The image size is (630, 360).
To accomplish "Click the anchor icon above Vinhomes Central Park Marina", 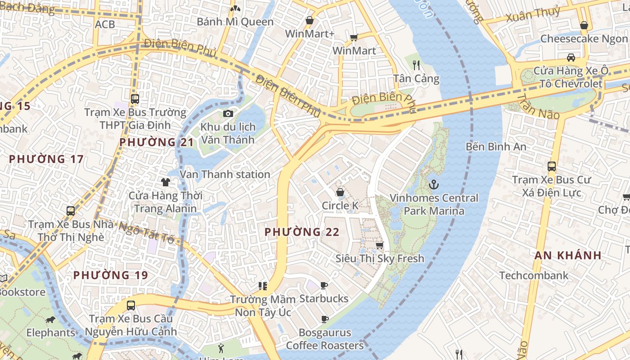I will pyautogui.click(x=434, y=184).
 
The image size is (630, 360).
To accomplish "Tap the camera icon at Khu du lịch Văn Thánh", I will pyautogui.click(x=228, y=113).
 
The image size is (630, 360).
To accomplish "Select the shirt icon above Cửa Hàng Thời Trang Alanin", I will pyautogui.click(x=166, y=182).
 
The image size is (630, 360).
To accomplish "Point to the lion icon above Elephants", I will pyautogui.click(x=50, y=320).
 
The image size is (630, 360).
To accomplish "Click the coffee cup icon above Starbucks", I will pyautogui.click(x=324, y=285).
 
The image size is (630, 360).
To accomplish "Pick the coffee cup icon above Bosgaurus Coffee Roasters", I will pyautogui.click(x=324, y=319).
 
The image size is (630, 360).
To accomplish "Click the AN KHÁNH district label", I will pyautogui.click(x=568, y=256).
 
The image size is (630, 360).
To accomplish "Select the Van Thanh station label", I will pyautogui.click(x=225, y=174).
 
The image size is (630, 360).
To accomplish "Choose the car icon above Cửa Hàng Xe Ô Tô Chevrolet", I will pyautogui.click(x=571, y=58).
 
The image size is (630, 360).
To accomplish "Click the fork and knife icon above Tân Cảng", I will pyautogui.click(x=416, y=65).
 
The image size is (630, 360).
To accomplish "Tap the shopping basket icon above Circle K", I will pyautogui.click(x=340, y=192).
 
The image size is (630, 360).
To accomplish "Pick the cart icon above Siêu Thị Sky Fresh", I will pyautogui.click(x=379, y=245).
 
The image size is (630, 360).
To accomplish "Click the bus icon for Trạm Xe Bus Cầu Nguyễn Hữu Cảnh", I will pyautogui.click(x=130, y=306).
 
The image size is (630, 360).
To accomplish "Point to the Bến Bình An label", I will pyautogui.click(x=496, y=146).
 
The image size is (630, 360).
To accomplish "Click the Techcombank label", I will pyautogui.click(x=534, y=275).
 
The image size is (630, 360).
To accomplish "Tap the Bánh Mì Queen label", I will pyautogui.click(x=235, y=22).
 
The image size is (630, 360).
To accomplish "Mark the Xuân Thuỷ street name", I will pyautogui.click(x=533, y=14).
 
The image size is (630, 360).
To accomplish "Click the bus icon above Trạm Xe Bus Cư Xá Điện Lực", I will pyautogui.click(x=552, y=166).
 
